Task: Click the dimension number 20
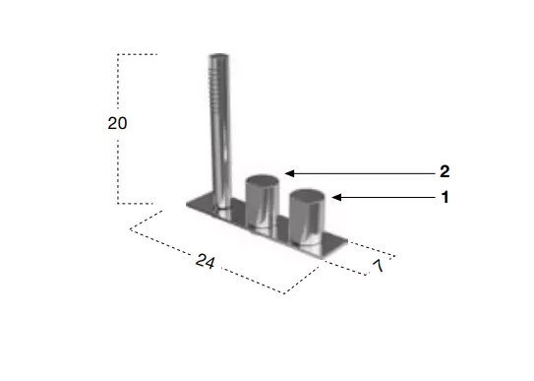[117, 123]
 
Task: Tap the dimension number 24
[206, 262]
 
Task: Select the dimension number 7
[379, 266]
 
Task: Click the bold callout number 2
[445, 171]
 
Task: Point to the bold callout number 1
[445, 197]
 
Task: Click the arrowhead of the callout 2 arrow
[289, 173]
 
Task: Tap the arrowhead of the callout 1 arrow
[336, 197]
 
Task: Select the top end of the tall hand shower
[218, 55]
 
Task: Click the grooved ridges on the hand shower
[213, 86]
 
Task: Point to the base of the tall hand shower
[223, 206]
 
